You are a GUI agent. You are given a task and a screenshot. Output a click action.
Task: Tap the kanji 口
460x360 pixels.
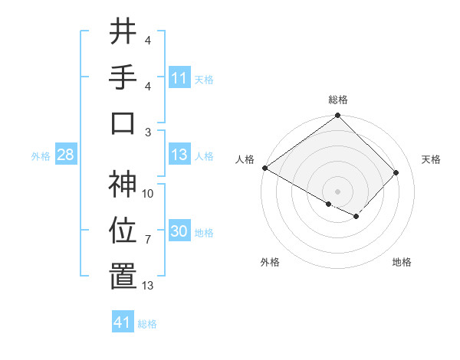pos(123,123)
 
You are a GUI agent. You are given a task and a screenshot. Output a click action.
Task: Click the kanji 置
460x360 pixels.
pos(123,277)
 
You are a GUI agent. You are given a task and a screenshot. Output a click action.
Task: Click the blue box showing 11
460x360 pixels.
pos(179,78)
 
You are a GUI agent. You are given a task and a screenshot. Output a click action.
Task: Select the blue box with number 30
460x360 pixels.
pos(179,232)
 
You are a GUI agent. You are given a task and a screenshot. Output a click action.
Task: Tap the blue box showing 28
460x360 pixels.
pos(66,155)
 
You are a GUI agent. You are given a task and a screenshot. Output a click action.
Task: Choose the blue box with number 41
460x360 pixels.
pos(123,322)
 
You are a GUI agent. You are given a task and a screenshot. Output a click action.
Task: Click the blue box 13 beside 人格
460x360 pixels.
pos(179,155)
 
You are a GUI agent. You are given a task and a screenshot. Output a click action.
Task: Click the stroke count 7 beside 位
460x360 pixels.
pos(148,240)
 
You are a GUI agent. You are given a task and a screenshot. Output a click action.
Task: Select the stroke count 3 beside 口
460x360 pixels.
pos(148,131)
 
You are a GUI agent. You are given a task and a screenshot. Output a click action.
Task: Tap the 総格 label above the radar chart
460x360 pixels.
pos(338,100)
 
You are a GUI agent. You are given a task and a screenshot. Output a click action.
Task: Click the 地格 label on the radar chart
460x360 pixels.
pos(402,262)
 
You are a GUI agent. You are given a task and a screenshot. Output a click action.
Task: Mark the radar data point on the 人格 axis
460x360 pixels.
pos(265,168)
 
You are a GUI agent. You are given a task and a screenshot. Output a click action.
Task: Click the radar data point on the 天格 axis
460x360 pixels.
pos(396,173)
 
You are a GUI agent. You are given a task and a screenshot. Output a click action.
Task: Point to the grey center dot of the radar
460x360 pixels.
pos(337,191)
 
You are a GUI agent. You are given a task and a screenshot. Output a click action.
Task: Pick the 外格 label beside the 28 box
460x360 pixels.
pos(41,156)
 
